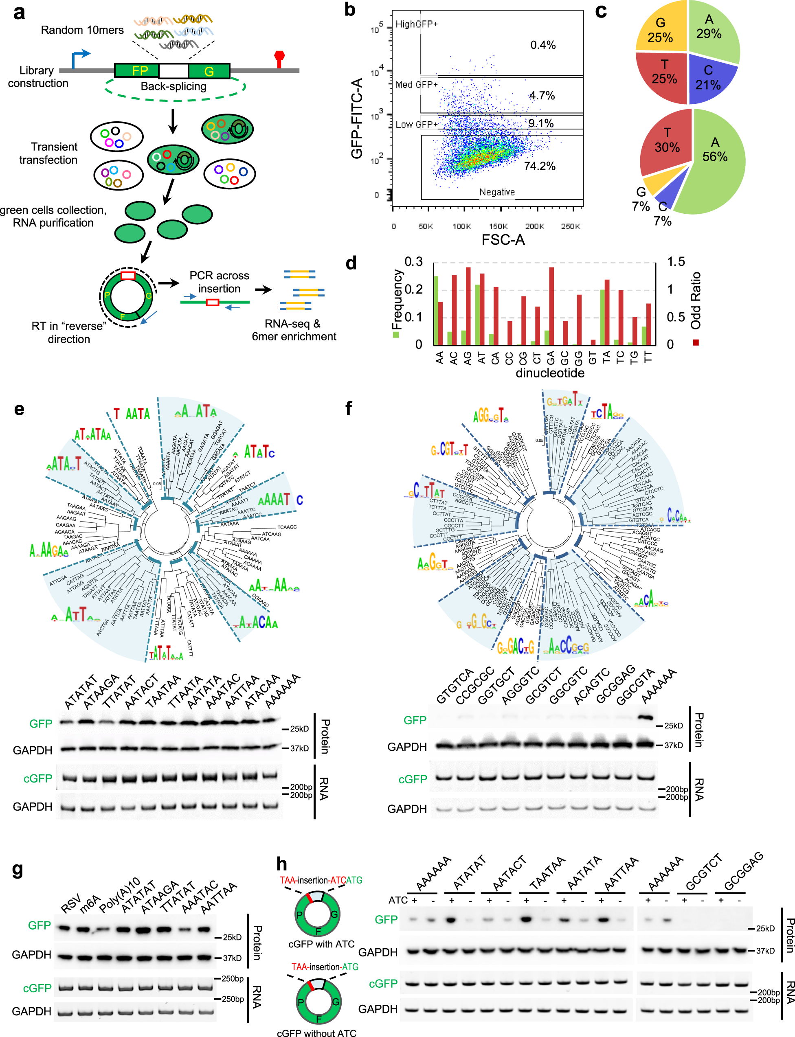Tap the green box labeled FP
tap(137, 71)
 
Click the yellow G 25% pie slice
tap(661, 29)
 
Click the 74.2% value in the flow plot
tap(540, 166)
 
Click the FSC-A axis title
tap(503, 240)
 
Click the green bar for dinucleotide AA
tap(436, 310)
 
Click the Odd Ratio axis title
tap(695, 300)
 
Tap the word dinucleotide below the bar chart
tap(549, 373)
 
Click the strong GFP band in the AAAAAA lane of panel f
tap(645, 717)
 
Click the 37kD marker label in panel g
tap(232, 958)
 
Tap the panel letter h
tap(281, 864)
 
